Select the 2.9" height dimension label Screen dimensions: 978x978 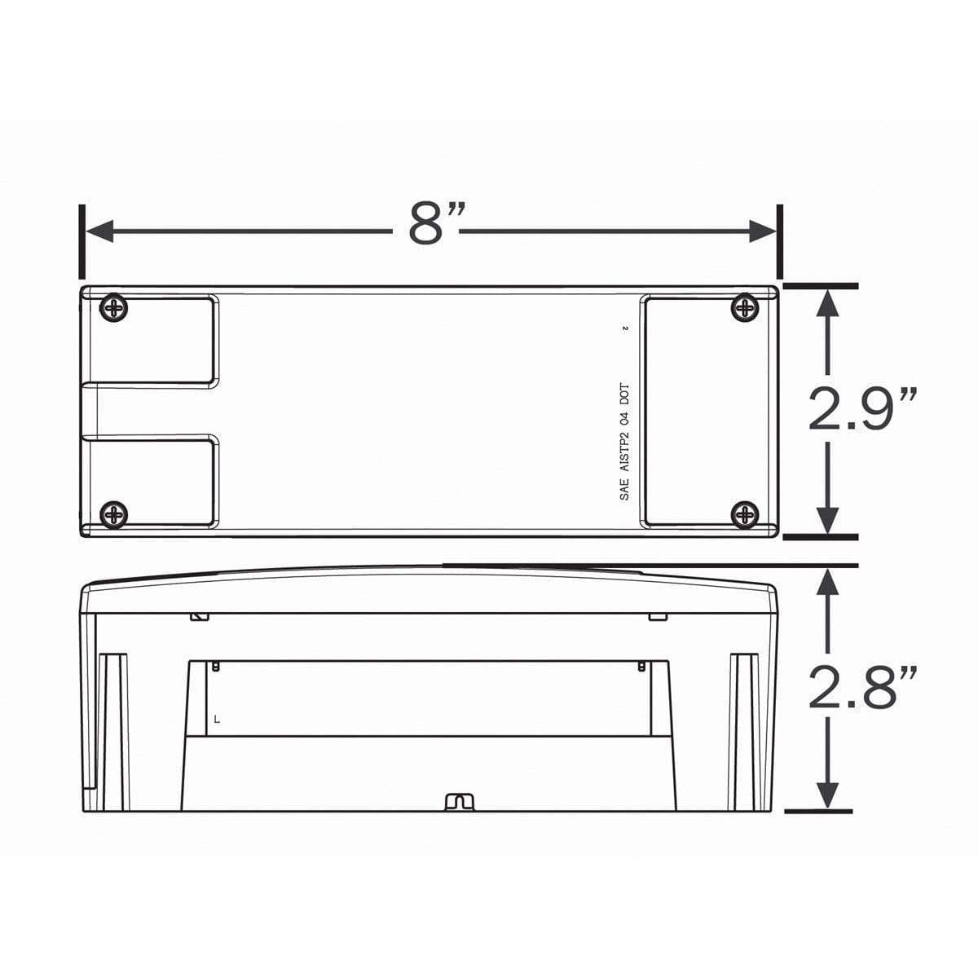click(x=862, y=410)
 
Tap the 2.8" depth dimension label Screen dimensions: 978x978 click(x=862, y=687)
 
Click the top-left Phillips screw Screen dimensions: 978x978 click(x=113, y=309)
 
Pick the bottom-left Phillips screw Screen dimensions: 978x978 click(x=113, y=515)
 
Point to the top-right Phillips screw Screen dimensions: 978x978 click(x=745, y=308)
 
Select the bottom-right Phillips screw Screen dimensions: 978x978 click(x=745, y=514)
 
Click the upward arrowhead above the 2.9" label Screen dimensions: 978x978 click(x=827, y=302)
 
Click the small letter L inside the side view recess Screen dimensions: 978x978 click(x=216, y=720)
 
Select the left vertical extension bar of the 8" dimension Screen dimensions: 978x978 click(x=81, y=241)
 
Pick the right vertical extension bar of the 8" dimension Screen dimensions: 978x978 click(x=780, y=241)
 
